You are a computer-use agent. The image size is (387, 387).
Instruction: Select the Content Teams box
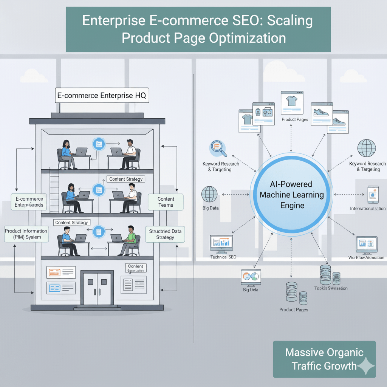click(x=166, y=202)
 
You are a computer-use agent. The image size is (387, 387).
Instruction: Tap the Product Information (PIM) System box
click(x=26, y=234)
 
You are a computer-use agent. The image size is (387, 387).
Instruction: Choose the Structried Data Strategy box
click(x=165, y=234)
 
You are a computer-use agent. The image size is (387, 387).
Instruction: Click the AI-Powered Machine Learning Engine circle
click(x=291, y=195)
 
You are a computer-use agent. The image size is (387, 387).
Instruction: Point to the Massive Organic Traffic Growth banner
click(x=324, y=359)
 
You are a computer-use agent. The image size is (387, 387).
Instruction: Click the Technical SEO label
click(x=223, y=257)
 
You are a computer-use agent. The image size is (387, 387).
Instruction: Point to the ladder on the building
click(x=54, y=192)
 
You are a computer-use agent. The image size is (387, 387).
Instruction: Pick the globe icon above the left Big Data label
click(x=209, y=194)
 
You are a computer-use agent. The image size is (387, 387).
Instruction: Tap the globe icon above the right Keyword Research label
click(x=366, y=149)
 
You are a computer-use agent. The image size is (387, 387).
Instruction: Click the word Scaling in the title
click(x=290, y=21)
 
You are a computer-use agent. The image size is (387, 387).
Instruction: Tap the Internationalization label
click(x=368, y=209)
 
